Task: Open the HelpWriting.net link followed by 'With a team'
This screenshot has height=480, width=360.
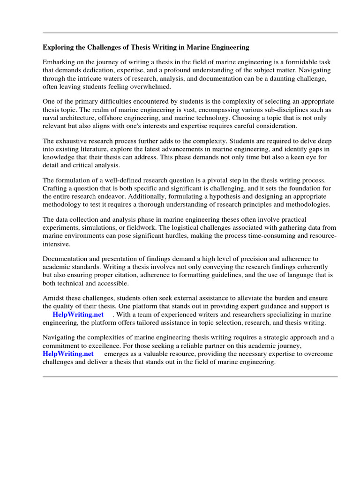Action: (x=78, y=315)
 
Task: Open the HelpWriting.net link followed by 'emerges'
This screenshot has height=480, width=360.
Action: (x=68, y=354)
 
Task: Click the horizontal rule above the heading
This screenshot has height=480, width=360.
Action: (x=190, y=33)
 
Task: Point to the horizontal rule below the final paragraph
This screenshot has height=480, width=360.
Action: (x=190, y=376)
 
